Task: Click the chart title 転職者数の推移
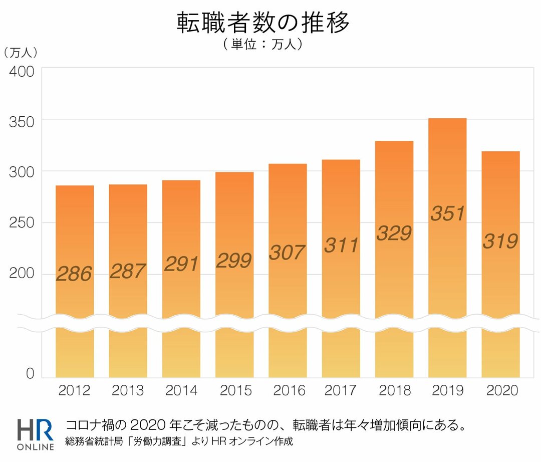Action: pos(263,23)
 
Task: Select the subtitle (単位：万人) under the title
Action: pos(263,44)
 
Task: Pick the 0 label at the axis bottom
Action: pos(30,374)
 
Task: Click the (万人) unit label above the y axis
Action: pos(21,52)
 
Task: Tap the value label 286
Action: pos(74,274)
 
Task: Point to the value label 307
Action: pos(287,252)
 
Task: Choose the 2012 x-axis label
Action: pos(75,390)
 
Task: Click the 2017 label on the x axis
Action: pos(341,390)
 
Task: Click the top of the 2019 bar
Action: pos(447,119)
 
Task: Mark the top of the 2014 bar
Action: pos(181,181)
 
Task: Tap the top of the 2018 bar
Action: pos(394,142)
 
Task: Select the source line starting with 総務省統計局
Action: pos(178,442)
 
